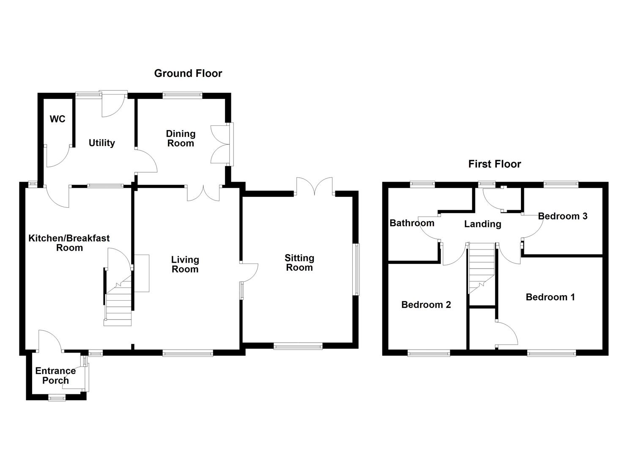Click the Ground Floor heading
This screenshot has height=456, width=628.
(188, 73)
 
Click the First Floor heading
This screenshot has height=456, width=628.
(494, 164)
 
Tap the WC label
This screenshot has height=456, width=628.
(58, 119)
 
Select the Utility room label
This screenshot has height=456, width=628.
(101, 143)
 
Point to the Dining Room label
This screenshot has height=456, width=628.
(181, 138)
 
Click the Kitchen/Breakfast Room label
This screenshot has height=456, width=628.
(69, 243)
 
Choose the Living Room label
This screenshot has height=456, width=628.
(185, 264)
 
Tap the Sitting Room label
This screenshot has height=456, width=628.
(299, 263)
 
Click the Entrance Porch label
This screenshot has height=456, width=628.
(55, 375)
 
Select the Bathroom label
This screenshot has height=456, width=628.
(411, 223)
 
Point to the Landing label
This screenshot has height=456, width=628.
(483, 224)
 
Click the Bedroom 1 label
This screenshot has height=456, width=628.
(550, 297)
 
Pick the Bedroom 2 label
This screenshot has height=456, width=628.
(426, 304)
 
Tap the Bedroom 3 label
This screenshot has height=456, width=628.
(562, 216)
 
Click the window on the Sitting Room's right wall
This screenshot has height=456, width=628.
(357, 269)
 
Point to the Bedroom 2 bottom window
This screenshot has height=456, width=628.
(429, 353)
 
